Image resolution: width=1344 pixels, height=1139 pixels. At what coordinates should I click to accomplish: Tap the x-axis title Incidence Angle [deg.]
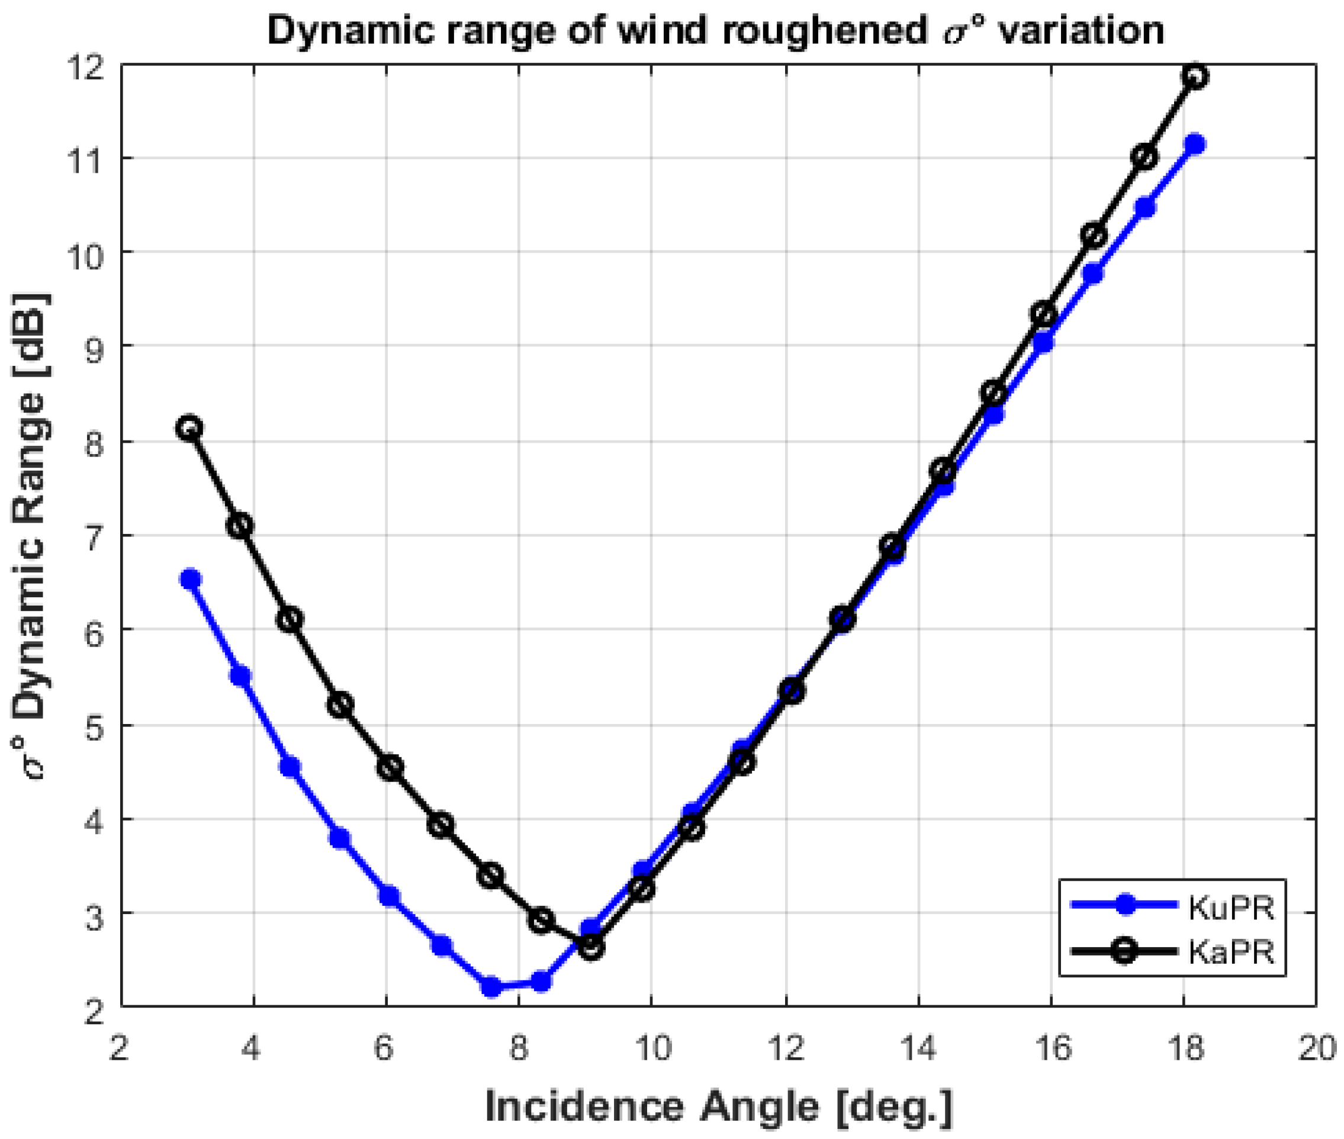(x=718, y=1106)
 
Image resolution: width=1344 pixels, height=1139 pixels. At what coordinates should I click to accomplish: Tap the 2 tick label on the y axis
(x=94, y=1011)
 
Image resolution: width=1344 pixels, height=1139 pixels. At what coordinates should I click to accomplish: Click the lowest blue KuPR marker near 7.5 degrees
(x=491, y=987)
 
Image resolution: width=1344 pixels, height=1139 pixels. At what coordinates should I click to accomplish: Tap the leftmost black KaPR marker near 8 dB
(x=189, y=428)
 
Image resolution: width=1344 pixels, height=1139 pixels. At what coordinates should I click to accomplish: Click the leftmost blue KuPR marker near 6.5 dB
(x=190, y=579)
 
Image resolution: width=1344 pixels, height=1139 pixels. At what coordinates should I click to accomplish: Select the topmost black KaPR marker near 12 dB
(x=1195, y=77)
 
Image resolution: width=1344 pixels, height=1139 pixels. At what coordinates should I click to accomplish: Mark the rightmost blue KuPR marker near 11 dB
(x=1195, y=144)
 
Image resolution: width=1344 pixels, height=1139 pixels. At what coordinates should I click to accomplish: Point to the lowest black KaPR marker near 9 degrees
(x=591, y=947)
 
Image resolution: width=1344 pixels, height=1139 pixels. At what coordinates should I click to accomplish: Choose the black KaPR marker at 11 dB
(x=1145, y=157)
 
